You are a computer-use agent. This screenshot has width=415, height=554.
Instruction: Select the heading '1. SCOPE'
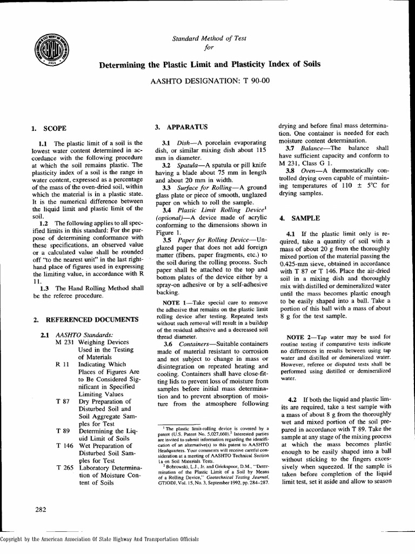[49, 129]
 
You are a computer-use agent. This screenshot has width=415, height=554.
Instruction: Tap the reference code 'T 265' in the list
[65, 467]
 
